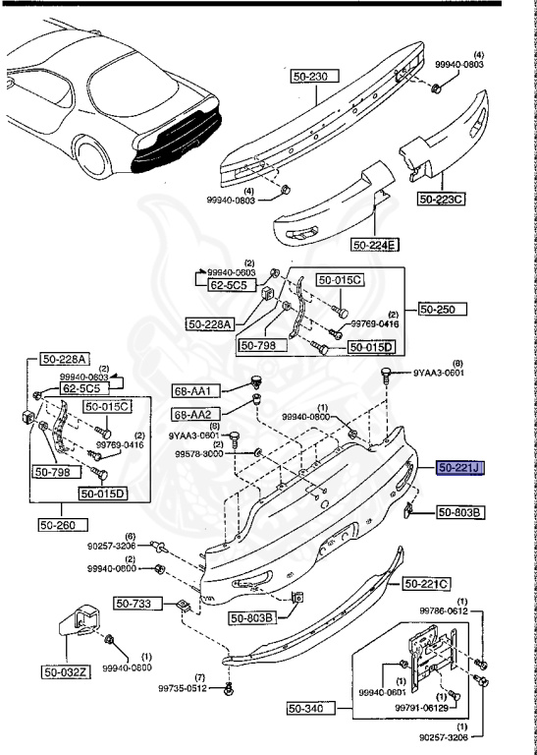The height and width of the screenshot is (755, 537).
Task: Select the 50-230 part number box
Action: [314, 75]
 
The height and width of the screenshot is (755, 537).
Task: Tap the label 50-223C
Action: [442, 200]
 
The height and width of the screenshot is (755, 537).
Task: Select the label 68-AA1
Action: [192, 391]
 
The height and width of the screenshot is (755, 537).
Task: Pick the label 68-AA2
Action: [192, 414]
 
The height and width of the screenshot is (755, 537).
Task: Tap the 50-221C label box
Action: [425, 584]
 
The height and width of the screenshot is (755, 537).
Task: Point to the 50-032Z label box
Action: [65, 672]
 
